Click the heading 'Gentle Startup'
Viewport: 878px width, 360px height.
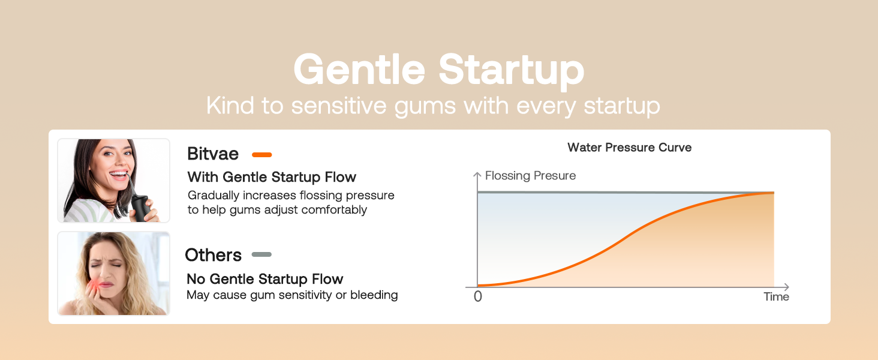[438, 70]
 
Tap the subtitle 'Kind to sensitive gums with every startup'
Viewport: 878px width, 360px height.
[433, 106]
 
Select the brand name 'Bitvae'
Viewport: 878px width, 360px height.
[213, 154]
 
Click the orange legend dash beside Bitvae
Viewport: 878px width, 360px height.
[262, 155]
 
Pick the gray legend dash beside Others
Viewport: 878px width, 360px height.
[261, 254]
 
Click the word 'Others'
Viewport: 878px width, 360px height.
[213, 255]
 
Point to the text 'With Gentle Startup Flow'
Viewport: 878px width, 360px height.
[272, 177]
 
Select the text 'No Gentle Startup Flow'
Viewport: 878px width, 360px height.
[264, 279]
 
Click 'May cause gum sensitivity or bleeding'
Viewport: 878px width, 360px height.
[292, 295]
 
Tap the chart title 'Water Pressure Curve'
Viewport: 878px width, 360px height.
[629, 148]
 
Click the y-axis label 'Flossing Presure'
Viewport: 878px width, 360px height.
[530, 176]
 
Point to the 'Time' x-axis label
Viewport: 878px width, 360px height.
[776, 297]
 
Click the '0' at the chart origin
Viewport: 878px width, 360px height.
[477, 297]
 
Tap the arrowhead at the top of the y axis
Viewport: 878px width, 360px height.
[477, 175]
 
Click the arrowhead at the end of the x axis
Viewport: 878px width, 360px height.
[786, 287]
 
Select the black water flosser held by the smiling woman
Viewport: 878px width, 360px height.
[140, 207]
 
